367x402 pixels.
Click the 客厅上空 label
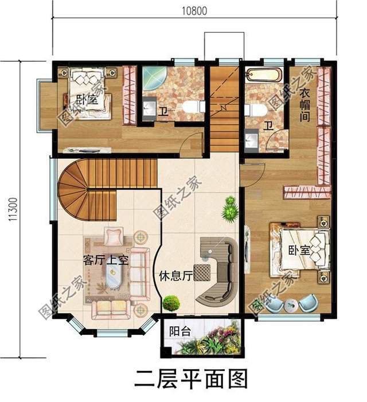pyautogui.click(x=105, y=260)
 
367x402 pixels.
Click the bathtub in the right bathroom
pyautogui.click(x=263, y=75)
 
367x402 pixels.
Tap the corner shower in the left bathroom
pyautogui.click(x=153, y=78)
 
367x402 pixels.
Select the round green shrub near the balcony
pyautogui.click(x=170, y=302)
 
